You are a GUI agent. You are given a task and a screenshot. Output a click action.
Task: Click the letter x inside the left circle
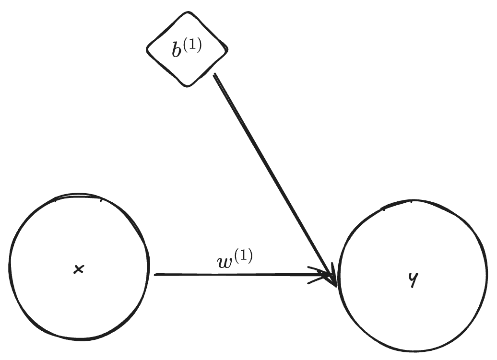[x=79, y=270]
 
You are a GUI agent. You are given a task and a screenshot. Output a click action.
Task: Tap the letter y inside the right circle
[x=411, y=280]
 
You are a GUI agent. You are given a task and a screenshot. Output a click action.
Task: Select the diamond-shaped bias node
[x=187, y=50]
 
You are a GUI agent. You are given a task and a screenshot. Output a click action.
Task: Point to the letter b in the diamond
[x=177, y=50]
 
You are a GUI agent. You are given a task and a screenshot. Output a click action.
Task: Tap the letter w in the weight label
[x=224, y=263]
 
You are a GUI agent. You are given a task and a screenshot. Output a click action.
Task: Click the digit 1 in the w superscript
[x=243, y=257]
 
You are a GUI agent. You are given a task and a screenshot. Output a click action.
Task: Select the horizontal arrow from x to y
[x=240, y=275]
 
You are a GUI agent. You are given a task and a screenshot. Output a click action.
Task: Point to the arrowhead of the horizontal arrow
[x=331, y=276]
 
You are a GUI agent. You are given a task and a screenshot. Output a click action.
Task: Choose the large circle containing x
[x=78, y=267]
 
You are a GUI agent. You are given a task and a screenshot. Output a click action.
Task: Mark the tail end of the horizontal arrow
[x=155, y=275]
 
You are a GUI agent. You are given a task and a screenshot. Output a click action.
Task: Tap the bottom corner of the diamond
[x=187, y=86]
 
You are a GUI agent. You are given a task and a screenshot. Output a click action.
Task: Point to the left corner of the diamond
[x=147, y=48]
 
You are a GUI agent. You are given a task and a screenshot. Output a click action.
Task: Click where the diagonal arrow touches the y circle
[x=337, y=286]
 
